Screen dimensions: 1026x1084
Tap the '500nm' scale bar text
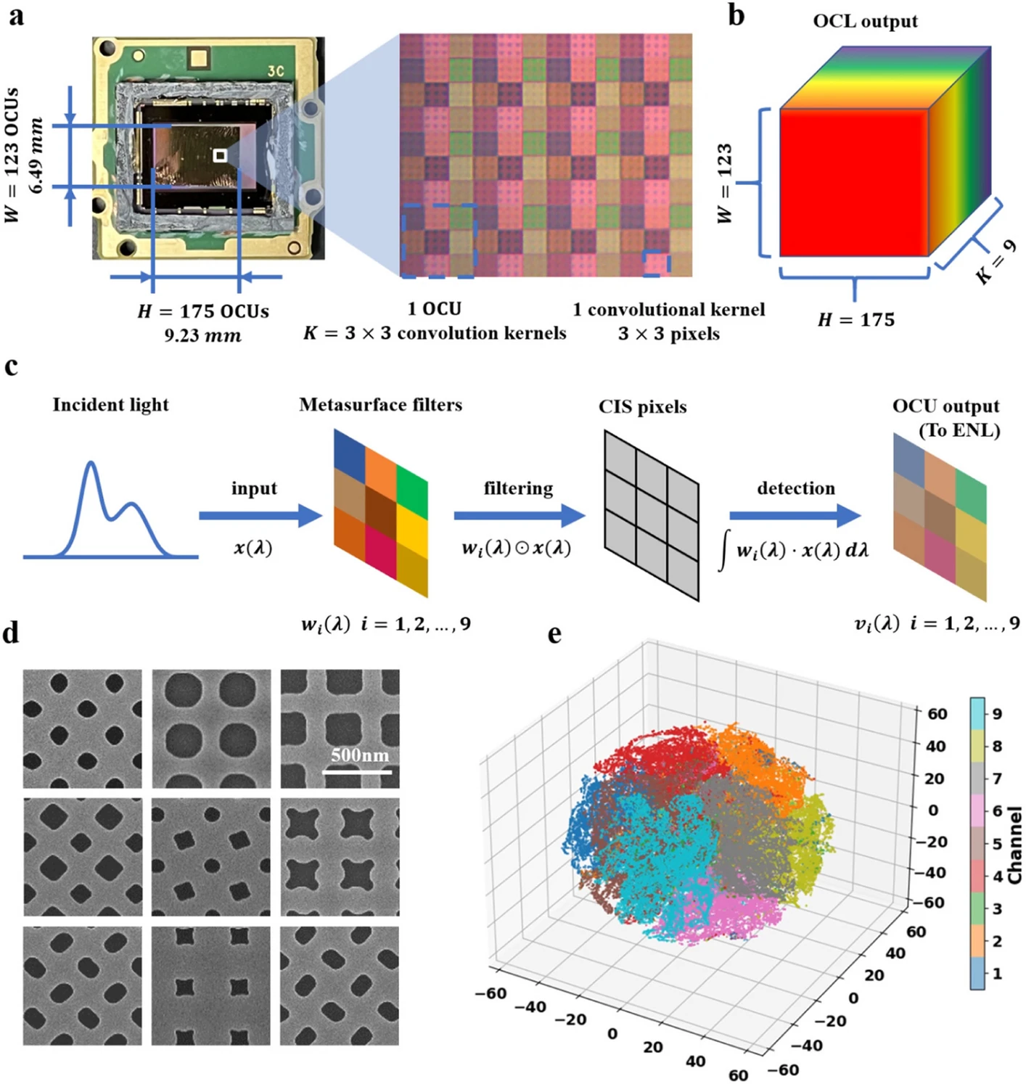360,755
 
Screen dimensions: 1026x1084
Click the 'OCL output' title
865,22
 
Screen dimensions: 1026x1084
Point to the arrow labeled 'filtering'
519,516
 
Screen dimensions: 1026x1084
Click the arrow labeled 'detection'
795,516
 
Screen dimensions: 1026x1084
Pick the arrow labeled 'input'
260,516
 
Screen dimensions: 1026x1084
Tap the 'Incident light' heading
110,406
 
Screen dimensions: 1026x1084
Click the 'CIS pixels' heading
643,408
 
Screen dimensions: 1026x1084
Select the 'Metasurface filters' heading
381,406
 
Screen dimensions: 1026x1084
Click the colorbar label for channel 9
997,714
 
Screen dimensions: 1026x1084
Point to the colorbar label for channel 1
997,974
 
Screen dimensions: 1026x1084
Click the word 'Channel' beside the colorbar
1014,845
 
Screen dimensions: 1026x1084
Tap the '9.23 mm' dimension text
202,335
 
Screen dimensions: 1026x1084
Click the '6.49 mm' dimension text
38,155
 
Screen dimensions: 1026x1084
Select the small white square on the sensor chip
220,156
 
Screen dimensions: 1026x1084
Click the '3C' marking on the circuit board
276,72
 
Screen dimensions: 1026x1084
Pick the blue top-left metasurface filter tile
350,449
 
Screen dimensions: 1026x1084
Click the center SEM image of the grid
211,857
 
